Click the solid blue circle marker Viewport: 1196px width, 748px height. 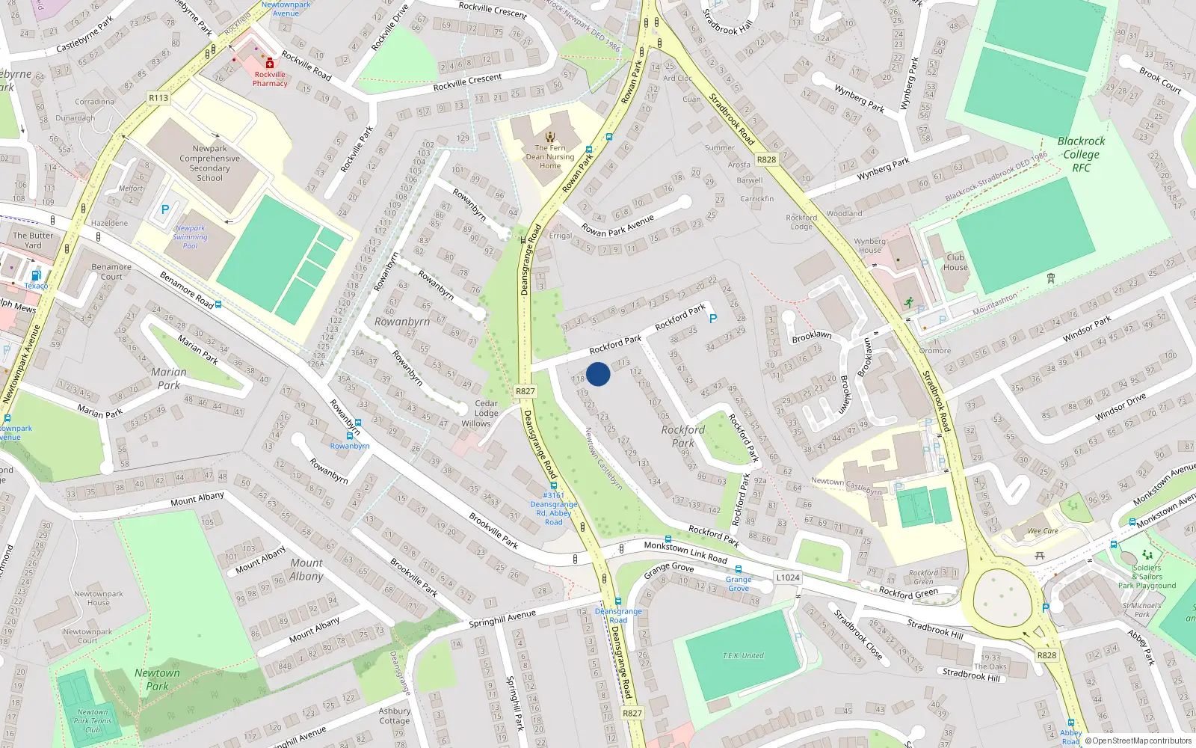click(598, 374)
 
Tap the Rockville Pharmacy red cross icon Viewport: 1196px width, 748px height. click(270, 64)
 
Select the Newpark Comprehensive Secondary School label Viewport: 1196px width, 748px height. click(209, 163)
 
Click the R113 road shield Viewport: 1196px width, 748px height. click(158, 98)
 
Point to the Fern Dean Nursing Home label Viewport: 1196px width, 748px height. click(550, 157)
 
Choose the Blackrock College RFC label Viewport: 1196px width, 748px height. click(1081, 154)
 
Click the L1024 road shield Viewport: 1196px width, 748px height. click(788, 577)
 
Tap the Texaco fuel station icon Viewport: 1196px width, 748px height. click(36, 275)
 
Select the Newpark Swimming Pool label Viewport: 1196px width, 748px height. click(191, 237)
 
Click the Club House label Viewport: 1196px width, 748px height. click(955, 263)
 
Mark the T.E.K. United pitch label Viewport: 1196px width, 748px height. click(743, 656)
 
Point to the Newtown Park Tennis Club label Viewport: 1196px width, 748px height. click(93, 721)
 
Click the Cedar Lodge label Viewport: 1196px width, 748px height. click(486, 408)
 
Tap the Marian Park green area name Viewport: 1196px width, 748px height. click(169, 378)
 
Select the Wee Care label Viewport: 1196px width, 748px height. click(1043, 531)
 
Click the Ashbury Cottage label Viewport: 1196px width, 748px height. click(394, 716)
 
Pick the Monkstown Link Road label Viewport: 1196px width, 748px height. click(685, 552)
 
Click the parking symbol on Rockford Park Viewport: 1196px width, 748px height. click(713, 319)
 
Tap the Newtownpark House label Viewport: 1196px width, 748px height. click(99, 598)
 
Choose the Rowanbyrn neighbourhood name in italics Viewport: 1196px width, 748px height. click(402, 322)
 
